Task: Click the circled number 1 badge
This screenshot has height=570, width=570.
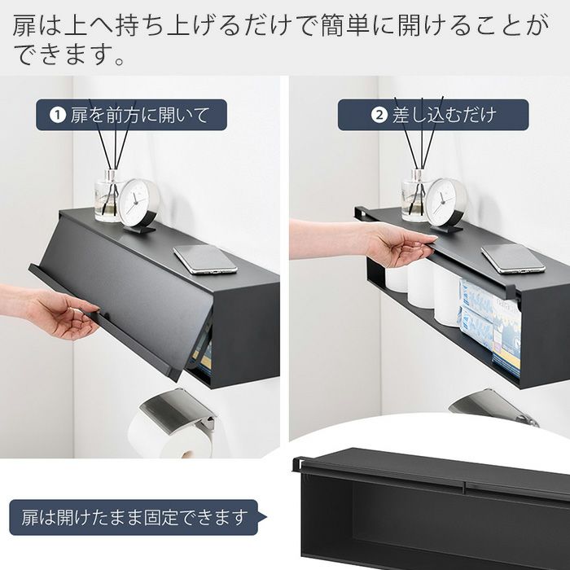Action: (x=58, y=115)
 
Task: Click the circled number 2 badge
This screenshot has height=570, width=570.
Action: (x=379, y=115)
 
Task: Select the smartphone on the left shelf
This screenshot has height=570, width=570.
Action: (x=205, y=259)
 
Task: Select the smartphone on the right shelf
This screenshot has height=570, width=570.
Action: (x=513, y=259)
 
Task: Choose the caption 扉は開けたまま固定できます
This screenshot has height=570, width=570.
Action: (x=134, y=517)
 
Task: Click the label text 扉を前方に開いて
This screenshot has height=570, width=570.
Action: (x=140, y=115)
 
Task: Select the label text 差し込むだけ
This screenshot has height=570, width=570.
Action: (x=444, y=115)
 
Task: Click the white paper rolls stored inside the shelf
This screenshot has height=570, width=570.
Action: (x=422, y=291)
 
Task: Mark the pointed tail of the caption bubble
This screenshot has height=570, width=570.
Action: (x=267, y=517)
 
